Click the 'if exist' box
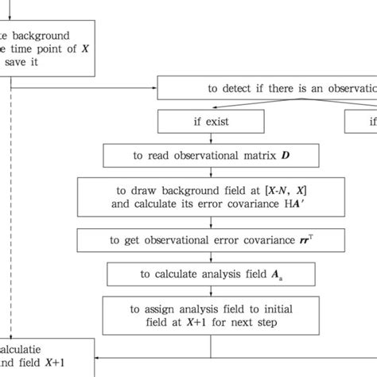click(210, 122)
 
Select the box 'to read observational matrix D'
click(210, 154)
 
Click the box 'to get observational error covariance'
click(210, 239)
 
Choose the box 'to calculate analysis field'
click(210, 274)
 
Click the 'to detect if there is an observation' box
click(267, 89)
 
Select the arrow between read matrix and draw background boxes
click(210, 171)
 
